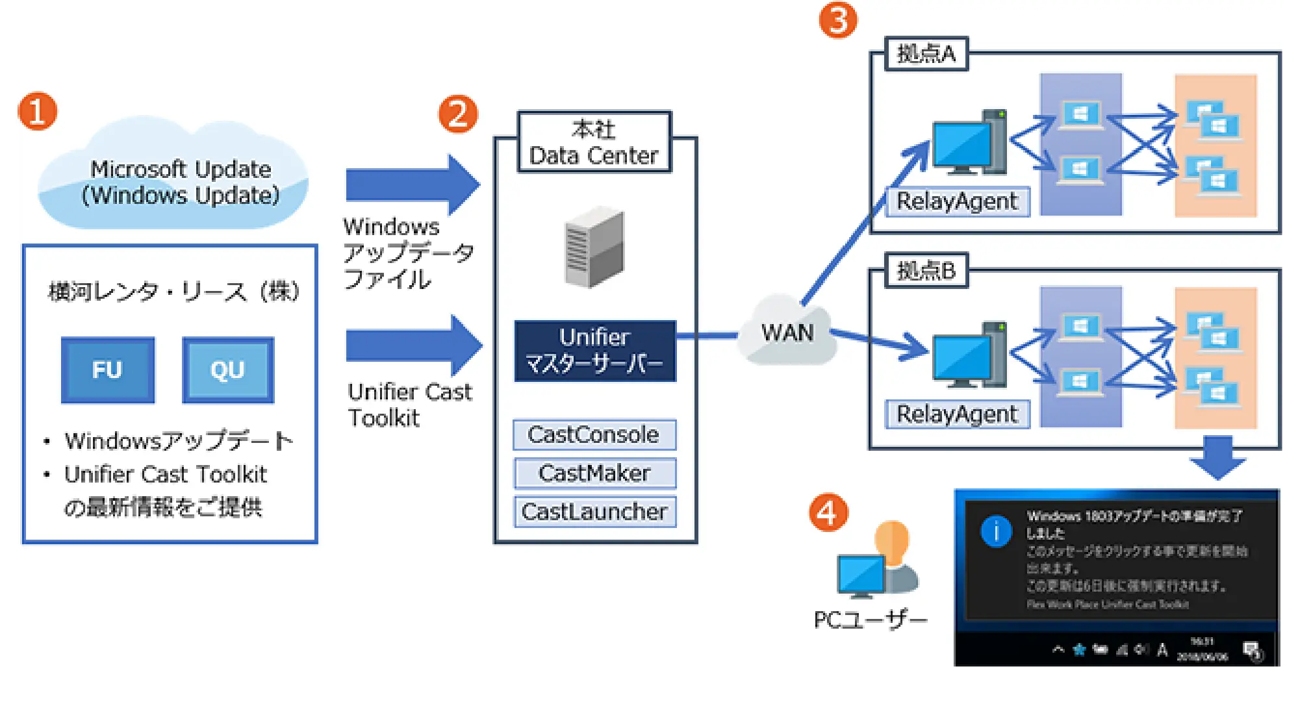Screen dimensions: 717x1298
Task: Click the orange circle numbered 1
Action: pos(38,111)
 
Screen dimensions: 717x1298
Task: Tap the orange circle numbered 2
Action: pos(458,114)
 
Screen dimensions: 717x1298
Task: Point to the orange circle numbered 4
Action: pos(828,513)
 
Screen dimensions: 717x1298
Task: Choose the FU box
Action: pos(108,370)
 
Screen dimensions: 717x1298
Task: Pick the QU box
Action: pos(228,370)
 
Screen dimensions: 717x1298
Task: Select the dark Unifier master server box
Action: pos(594,351)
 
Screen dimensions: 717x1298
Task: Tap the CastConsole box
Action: pos(594,434)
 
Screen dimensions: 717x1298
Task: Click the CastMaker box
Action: pos(594,473)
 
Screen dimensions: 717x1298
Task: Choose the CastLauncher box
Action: pos(594,512)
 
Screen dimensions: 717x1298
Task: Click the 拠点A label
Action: pos(926,53)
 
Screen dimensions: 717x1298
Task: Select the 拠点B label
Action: pos(926,270)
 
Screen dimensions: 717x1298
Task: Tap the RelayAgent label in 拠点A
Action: pos(957,201)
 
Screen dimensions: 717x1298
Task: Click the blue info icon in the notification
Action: pos(996,531)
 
